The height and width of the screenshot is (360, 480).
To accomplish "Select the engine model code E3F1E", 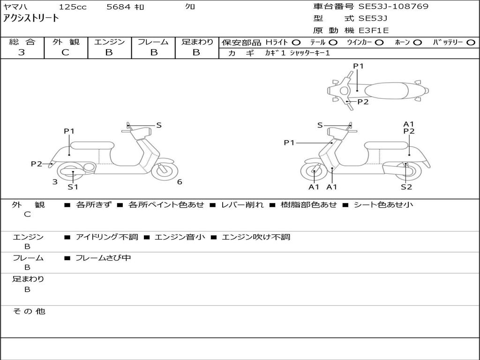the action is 374,30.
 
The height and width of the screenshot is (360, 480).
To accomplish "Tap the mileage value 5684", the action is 118,7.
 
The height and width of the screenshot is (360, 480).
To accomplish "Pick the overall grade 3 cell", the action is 22,52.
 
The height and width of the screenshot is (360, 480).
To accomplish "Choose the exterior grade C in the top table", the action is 66,52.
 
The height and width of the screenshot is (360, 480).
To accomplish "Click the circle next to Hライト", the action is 296,42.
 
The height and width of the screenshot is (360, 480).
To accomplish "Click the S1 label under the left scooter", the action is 73,187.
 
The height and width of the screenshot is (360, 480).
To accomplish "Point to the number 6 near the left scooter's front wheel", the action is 180,182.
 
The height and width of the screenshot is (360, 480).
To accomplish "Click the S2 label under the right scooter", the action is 406,187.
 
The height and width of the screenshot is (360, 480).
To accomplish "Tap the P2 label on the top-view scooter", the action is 363,102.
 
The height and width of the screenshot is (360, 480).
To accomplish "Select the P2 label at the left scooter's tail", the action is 37,164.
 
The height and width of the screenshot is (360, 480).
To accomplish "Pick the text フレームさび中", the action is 103,258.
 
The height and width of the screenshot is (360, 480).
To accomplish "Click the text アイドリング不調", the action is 107,237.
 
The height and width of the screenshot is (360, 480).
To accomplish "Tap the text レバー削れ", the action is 242,205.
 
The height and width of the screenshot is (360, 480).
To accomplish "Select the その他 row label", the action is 29,311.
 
